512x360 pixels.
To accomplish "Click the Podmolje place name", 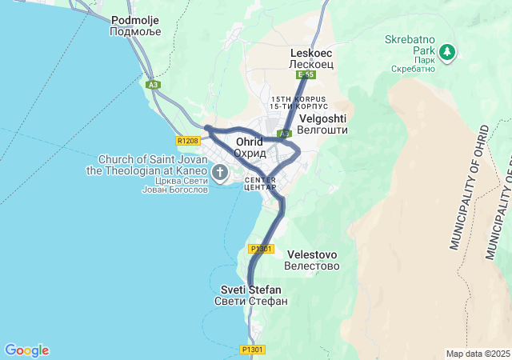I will click(136, 19).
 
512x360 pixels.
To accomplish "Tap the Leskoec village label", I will click(310, 52).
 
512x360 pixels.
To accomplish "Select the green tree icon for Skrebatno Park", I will click(447, 53).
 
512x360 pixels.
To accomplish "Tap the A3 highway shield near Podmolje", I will click(153, 83).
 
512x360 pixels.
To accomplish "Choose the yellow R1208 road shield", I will click(188, 141).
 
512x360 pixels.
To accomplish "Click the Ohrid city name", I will click(249, 142).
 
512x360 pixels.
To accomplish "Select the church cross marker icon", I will click(220, 170).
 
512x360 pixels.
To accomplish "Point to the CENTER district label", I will click(260, 179).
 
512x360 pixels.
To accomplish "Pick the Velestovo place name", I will click(312, 254).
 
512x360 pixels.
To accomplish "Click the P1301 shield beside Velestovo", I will click(262, 249).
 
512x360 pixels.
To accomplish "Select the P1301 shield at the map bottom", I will click(252, 350).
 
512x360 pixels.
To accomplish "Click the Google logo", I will click(26, 350).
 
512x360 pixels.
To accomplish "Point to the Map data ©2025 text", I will click(477, 354).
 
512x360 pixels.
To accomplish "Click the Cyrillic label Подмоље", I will click(136, 32).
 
